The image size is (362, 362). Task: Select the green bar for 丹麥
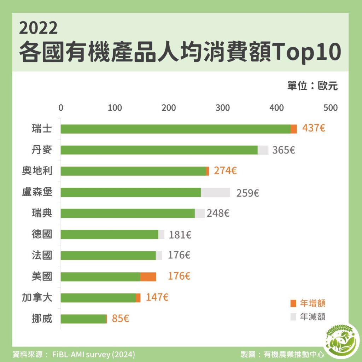(x=159, y=150)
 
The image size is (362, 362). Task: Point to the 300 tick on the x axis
(x=223, y=108)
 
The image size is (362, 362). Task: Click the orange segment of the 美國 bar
(x=148, y=277)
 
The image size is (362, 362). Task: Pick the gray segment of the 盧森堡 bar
(x=215, y=192)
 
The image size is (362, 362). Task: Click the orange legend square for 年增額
(x=293, y=303)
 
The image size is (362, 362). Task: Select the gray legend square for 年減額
(x=293, y=317)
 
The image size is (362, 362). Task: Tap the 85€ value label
(x=121, y=319)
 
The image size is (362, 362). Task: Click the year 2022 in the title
(x=38, y=29)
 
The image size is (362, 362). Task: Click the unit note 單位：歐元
(x=313, y=86)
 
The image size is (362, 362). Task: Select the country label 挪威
(x=42, y=319)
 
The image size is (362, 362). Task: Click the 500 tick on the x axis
(x=331, y=108)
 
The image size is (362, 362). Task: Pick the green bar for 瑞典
(x=128, y=214)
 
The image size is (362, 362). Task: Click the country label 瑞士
(x=42, y=129)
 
